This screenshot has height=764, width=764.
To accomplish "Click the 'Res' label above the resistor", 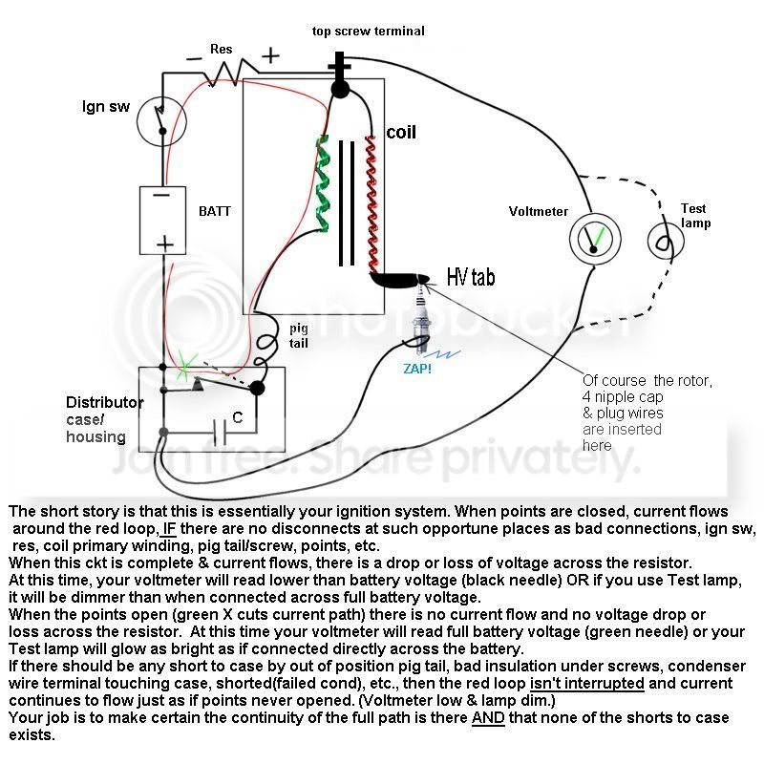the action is tap(222, 50).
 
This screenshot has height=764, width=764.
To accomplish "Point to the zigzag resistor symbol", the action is tap(229, 74).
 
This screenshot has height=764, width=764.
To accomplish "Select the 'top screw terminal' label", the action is tap(369, 32).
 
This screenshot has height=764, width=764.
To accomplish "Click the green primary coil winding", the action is tap(322, 182).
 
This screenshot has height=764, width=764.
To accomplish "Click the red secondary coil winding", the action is tap(371, 203).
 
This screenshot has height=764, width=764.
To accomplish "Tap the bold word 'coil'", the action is tap(401, 132).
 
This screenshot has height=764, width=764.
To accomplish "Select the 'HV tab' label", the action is tap(471, 277).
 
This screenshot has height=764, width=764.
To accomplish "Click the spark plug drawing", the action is tap(421, 317).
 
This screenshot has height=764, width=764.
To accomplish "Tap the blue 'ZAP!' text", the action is tap(417, 369).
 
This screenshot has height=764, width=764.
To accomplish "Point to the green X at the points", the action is tap(184, 367).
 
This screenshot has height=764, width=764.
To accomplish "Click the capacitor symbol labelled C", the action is tap(221, 433).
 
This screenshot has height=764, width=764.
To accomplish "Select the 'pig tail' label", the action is tap(299, 336).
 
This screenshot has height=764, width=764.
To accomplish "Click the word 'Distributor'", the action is tap(105, 402).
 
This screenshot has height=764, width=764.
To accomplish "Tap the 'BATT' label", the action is tap(215, 211).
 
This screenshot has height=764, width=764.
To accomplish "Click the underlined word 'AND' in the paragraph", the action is tap(488, 718).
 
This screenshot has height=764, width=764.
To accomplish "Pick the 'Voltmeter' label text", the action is tap(539, 211).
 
